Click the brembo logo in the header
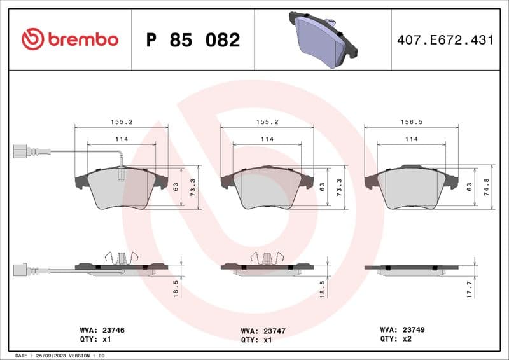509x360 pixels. point(70,39)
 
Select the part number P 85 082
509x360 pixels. point(193,40)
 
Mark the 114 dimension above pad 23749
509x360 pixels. point(412,139)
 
